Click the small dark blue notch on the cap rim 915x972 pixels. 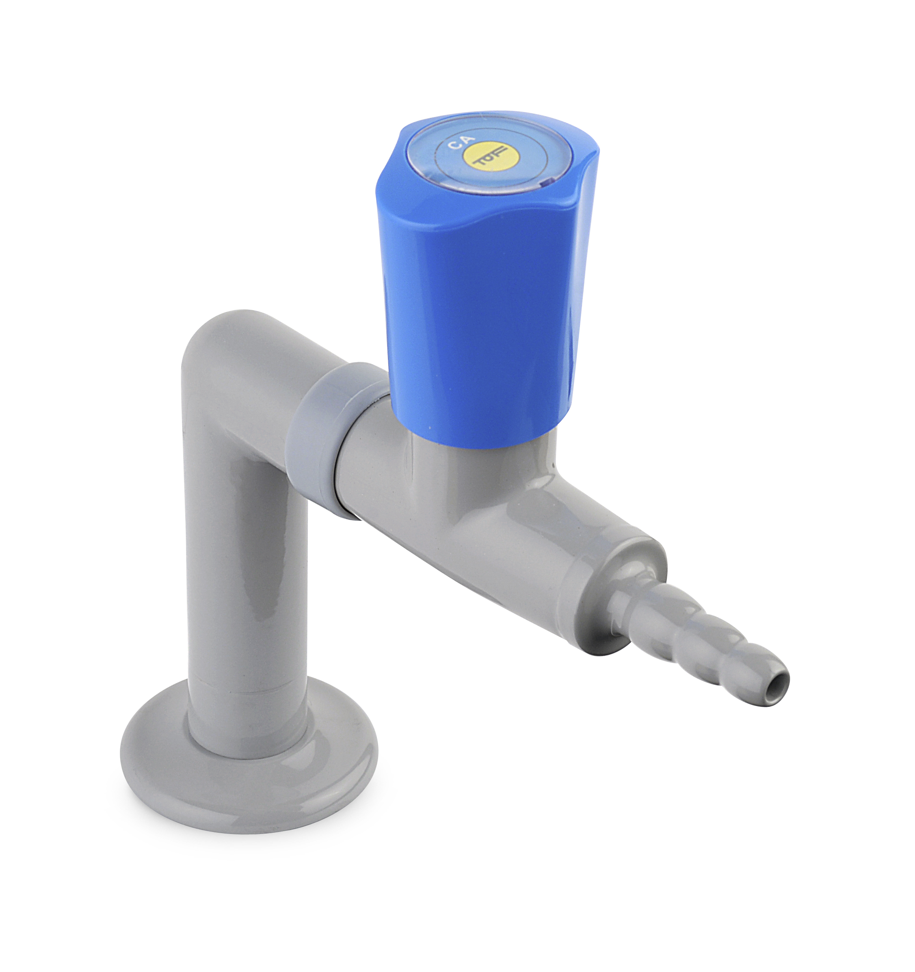click(x=547, y=184)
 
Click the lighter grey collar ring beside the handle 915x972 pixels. click(x=333, y=440)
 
